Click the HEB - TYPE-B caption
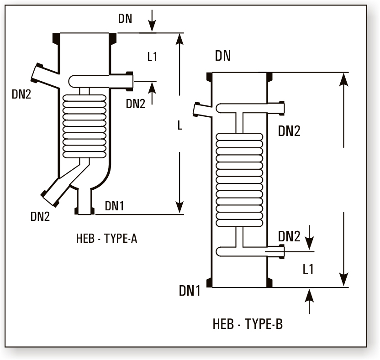[x=248, y=324]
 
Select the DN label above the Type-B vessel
[x=223, y=56]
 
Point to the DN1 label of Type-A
[x=114, y=206]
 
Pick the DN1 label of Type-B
[x=190, y=290]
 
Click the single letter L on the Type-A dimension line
[x=180, y=126]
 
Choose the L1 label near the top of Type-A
[x=153, y=57]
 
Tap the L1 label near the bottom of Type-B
[x=308, y=269]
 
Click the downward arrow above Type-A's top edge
[x=153, y=20]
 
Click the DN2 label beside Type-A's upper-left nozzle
[x=21, y=94]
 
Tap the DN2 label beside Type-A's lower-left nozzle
[x=40, y=217]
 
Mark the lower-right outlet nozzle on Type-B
[x=276, y=251]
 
